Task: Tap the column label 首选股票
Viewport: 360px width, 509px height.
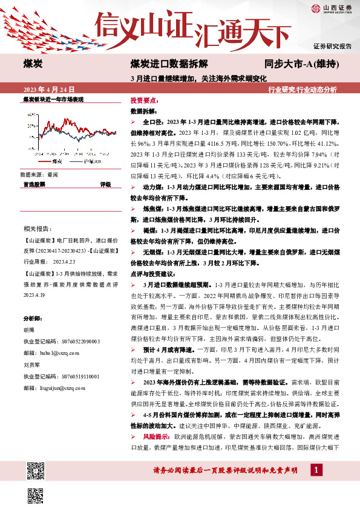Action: (34, 184)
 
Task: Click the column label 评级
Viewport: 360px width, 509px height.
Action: (105, 184)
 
